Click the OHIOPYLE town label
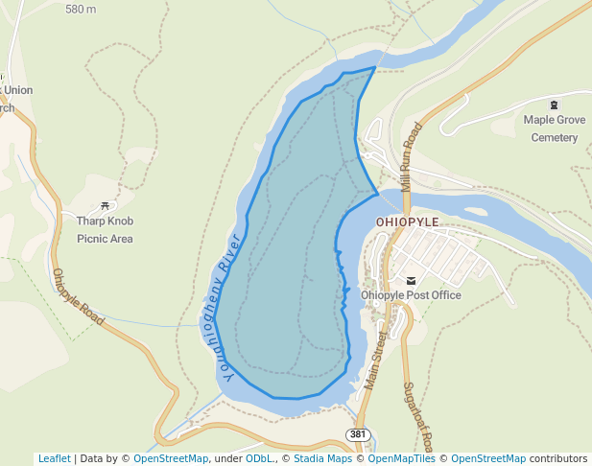(x=408, y=221)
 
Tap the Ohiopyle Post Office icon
(x=412, y=280)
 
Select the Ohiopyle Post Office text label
(x=411, y=295)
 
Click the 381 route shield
(x=358, y=434)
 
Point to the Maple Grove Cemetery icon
(x=554, y=104)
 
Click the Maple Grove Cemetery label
(x=555, y=128)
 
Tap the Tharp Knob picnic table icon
(x=105, y=205)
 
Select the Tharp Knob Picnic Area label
(x=105, y=230)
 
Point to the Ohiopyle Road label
(x=78, y=296)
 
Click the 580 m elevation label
(x=81, y=10)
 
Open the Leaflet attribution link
(x=54, y=458)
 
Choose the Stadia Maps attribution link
(x=322, y=458)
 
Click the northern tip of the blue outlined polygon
(x=374, y=67)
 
